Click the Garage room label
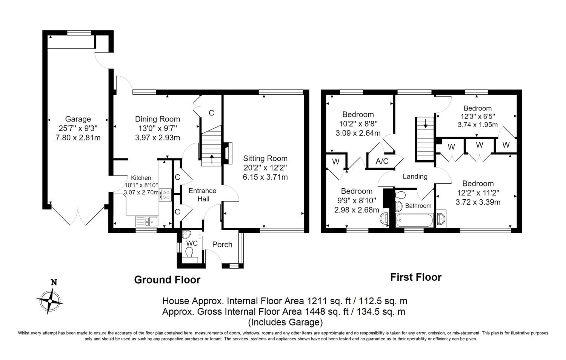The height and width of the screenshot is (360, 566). tap(78, 119)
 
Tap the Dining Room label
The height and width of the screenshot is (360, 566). tap(157, 119)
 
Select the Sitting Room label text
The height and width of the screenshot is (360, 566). tap(265, 158)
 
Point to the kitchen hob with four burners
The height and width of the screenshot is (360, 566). tap(165, 195)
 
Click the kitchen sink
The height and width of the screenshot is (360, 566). tap(147, 222)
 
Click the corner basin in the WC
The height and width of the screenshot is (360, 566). tap(186, 235)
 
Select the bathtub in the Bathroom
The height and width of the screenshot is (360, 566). tap(414, 220)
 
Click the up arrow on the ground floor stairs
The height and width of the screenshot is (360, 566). tap(212, 159)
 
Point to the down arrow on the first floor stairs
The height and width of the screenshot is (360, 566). tap(426, 123)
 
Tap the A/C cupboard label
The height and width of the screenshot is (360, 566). tap(382, 161)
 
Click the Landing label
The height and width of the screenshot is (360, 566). tap(415, 176)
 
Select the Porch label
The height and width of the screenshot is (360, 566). tap(222, 245)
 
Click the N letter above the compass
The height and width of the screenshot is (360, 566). tap(54, 282)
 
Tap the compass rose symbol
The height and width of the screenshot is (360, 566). tap(50, 302)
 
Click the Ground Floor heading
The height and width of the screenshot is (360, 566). tap(167, 280)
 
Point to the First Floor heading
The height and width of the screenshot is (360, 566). tap(416, 277)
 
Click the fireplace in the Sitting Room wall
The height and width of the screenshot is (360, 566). tap(227, 153)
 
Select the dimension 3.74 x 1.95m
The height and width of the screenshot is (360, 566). tap(478, 125)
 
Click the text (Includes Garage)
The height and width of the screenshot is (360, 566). tap(285, 322)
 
